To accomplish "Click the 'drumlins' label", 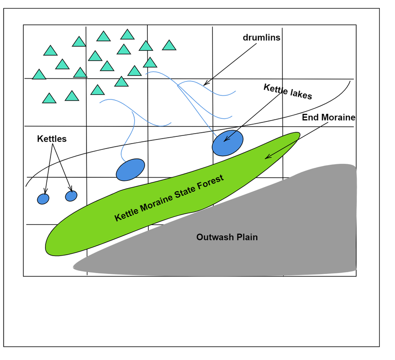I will click(x=261, y=38).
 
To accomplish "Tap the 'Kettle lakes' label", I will click(x=287, y=91).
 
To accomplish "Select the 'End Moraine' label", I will click(x=328, y=117).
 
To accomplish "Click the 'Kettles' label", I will click(x=52, y=139).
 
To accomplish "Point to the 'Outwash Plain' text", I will click(x=227, y=237).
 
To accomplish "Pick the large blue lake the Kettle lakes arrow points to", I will click(x=227, y=143).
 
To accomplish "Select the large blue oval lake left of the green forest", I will click(x=130, y=170).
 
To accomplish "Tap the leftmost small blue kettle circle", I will click(x=43, y=198).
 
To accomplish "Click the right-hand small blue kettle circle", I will click(x=71, y=196).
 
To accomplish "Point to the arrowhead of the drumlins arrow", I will click(x=205, y=84).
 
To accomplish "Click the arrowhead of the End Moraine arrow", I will click(x=267, y=157).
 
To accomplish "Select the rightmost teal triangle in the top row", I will click(x=169, y=45).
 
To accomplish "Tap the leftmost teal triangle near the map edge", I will click(x=39, y=75).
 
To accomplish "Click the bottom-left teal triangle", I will click(x=49, y=99).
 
